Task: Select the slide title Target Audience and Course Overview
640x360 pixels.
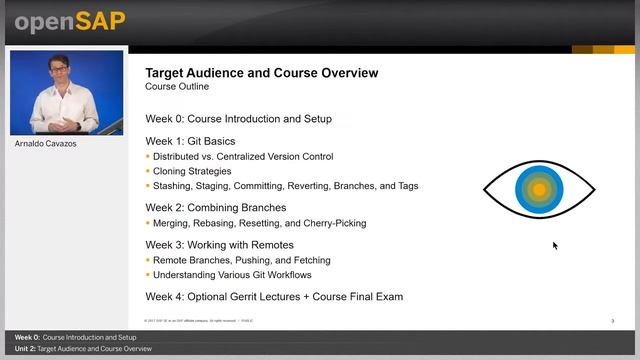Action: click(x=262, y=73)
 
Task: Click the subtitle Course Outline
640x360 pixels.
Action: click(x=177, y=87)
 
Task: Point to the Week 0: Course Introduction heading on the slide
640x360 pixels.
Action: click(x=238, y=119)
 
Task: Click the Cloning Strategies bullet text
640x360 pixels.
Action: click(x=192, y=171)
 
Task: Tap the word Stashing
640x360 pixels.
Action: click(x=174, y=186)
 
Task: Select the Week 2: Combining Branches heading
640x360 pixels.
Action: click(x=215, y=208)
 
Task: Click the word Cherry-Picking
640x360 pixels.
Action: click(x=333, y=223)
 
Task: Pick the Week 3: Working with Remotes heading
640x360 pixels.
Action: click(x=219, y=245)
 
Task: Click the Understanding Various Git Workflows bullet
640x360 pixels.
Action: click(x=232, y=275)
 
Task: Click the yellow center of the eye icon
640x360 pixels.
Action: click(x=539, y=188)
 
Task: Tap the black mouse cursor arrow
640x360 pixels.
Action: click(x=555, y=245)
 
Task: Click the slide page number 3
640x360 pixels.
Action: click(x=612, y=321)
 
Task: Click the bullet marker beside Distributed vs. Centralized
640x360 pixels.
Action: click(x=148, y=157)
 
